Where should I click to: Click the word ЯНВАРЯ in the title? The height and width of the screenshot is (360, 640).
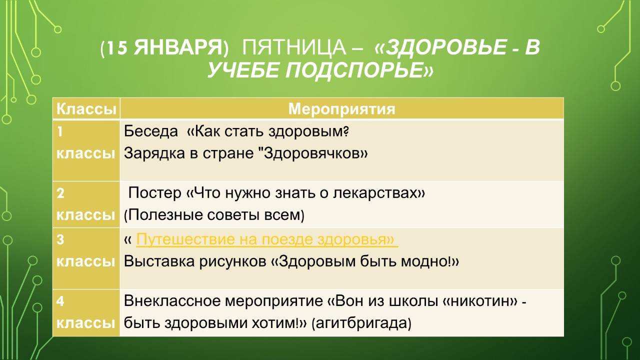pos(178,47)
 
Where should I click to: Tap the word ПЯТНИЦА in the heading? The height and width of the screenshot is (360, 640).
pos(293,47)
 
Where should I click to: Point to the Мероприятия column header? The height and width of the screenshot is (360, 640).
pos(341,109)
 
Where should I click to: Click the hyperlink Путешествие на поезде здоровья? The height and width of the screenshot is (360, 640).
pos(266,239)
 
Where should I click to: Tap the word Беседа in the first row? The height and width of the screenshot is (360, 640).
pos(151,131)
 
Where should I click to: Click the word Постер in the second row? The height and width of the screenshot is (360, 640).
pos(155,193)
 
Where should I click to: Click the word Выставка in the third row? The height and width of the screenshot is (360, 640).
pos(159,261)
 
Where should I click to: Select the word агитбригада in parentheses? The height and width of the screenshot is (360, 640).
pos(361,323)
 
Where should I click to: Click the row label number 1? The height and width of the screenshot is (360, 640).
pos(60,131)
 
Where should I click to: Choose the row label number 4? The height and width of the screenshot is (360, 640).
pos(60,301)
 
